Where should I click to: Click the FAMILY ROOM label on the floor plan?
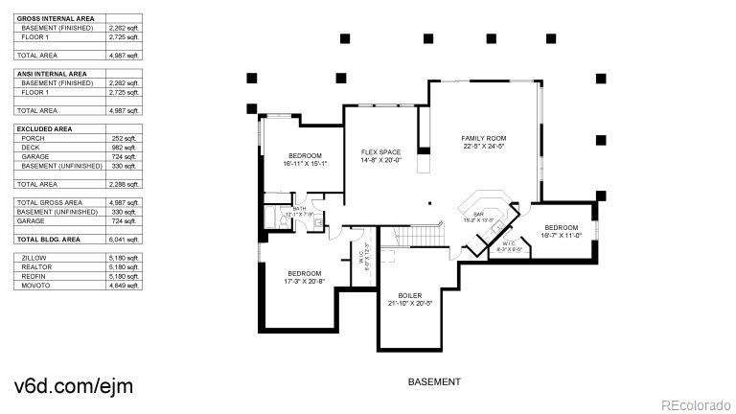tap(483, 138)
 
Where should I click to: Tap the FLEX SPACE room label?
tap(380, 152)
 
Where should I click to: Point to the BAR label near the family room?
tap(477, 215)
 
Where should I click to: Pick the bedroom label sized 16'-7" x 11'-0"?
tap(563, 227)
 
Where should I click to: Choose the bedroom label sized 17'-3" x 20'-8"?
tap(305, 273)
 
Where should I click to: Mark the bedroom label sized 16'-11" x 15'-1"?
tap(305, 155)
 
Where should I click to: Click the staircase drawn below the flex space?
tap(422, 236)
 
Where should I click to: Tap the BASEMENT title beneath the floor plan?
tap(433, 381)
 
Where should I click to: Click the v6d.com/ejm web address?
tap(73, 385)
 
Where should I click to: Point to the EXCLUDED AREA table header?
tap(44, 127)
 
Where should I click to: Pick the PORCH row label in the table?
tap(33, 138)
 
